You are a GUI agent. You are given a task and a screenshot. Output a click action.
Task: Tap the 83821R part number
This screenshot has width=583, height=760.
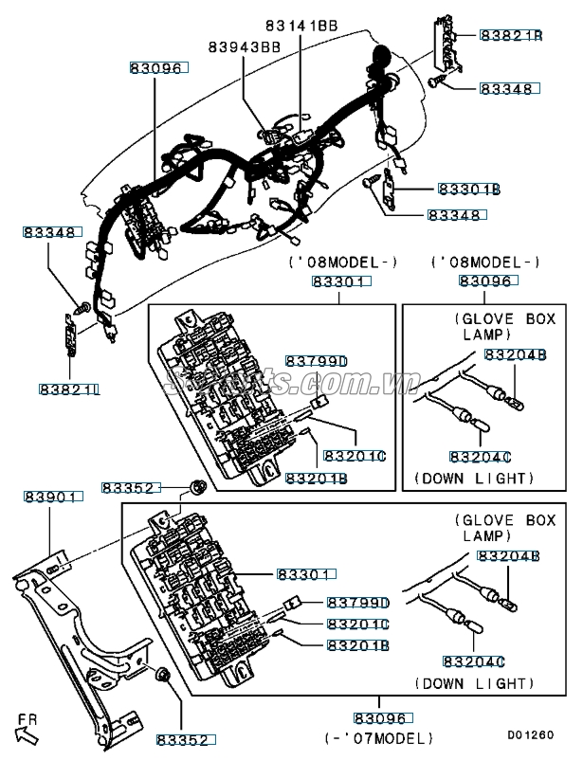click(x=510, y=35)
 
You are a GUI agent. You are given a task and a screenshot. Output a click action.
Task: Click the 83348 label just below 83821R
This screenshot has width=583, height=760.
click(x=509, y=88)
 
